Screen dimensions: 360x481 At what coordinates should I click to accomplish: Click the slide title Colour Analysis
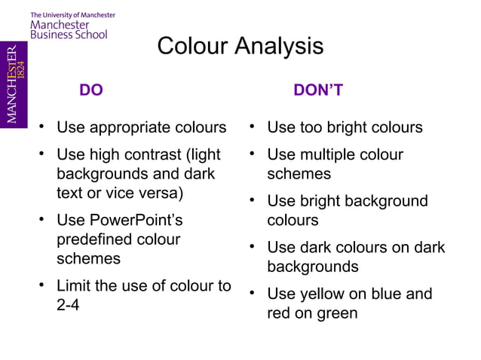pos(240,47)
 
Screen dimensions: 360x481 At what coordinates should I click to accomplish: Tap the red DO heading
pos(91,91)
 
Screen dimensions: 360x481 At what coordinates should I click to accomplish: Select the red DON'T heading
pos(318,91)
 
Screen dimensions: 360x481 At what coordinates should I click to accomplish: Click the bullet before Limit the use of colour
pos(44,286)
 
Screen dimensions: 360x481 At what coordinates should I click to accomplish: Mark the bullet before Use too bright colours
pos(255,127)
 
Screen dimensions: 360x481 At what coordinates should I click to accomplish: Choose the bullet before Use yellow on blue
pos(255,293)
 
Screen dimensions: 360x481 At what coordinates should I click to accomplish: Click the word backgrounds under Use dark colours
pos(313,267)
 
